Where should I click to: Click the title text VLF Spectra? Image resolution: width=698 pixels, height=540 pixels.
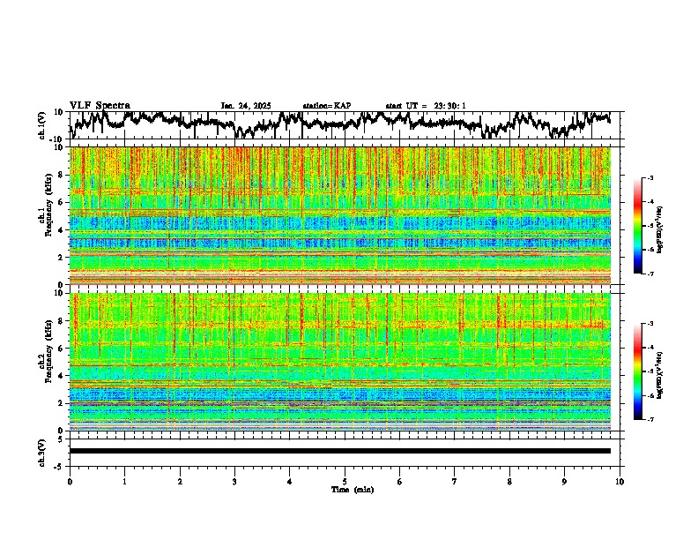click(x=100, y=105)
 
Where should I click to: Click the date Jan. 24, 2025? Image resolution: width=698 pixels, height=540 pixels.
click(x=248, y=106)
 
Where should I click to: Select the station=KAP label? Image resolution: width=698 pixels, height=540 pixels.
click(x=327, y=106)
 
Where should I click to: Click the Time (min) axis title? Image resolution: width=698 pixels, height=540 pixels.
click(x=352, y=489)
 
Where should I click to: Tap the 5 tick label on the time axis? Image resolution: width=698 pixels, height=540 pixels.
click(x=345, y=481)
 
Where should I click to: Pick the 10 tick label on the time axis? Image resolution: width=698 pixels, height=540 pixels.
click(x=620, y=481)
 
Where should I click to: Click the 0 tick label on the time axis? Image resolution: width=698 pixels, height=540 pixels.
click(x=70, y=481)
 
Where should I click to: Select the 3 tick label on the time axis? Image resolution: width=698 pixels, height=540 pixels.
click(x=234, y=481)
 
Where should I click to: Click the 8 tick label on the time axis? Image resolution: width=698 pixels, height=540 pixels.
click(x=509, y=481)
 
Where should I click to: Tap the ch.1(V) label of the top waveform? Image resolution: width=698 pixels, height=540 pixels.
click(x=42, y=125)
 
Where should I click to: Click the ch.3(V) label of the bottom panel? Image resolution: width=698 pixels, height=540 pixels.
click(x=42, y=450)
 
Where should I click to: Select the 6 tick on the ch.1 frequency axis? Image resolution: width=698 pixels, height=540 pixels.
click(x=61, y=202)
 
